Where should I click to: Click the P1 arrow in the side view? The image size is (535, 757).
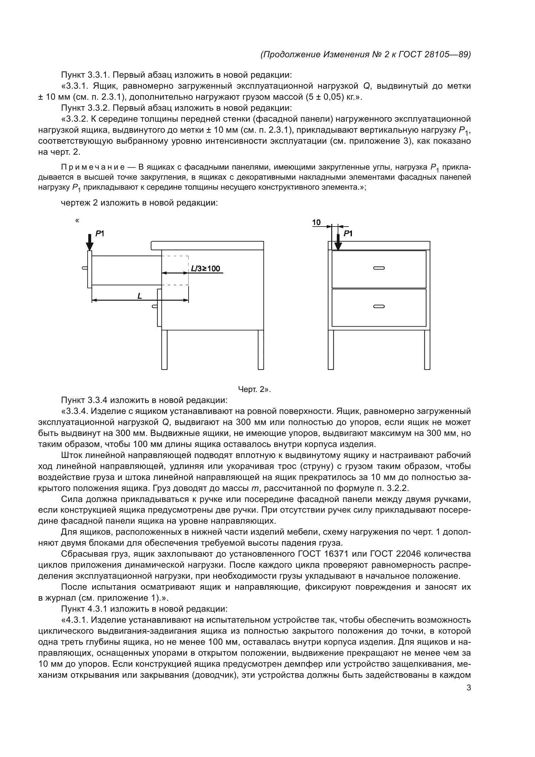[89, 242]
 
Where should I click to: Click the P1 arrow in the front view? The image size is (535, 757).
[338, 242]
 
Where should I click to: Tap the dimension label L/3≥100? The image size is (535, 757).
[206, 268]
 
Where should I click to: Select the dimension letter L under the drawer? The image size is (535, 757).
[140, 296]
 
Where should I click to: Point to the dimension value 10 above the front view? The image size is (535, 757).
[316, 223]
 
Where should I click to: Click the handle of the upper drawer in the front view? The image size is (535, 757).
[379, 268]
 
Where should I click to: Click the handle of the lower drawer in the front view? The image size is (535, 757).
[379, 306]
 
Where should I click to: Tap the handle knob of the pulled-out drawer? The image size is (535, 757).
[85, 268]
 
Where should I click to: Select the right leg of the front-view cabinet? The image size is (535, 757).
[427, 350]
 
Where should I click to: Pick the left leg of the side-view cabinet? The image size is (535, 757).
[164, 350]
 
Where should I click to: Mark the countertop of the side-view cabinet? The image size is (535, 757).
[208, 246]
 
